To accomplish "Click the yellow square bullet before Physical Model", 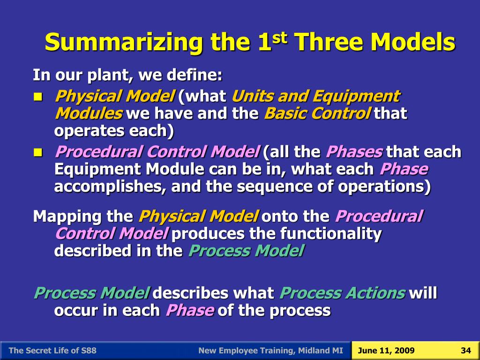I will coord(38,97).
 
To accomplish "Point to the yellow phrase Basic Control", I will coord(318,113).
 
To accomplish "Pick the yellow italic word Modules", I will coord(88,113).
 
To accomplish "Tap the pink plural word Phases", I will coord(354,152).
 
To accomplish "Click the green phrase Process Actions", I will coord(342,293).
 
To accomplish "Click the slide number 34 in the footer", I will coord(465,351).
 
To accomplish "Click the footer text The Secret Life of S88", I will coord(53,351).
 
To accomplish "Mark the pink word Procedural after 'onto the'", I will coord(379,217).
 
